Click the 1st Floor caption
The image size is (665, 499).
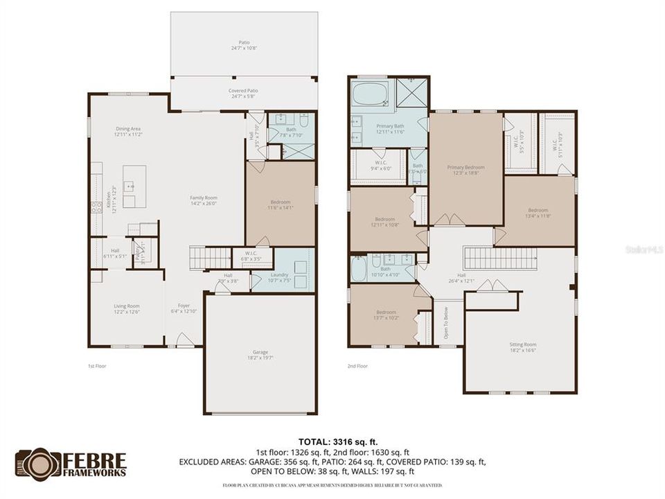point(97,366)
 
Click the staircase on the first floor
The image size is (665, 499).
point(210,258)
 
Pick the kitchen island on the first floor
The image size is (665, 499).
point(134,186)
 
